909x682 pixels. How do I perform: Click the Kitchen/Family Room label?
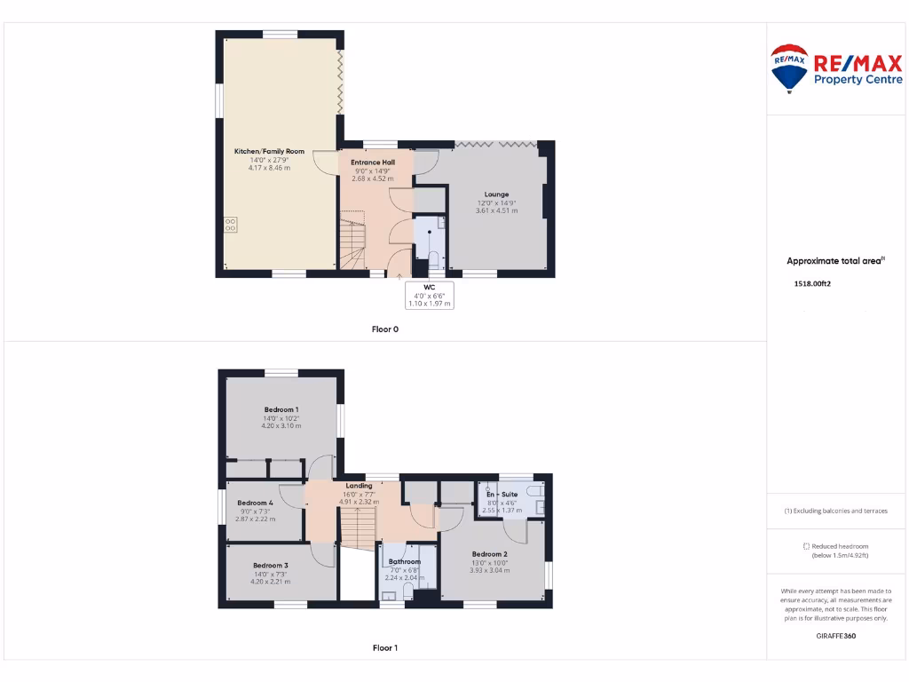coord(269,152)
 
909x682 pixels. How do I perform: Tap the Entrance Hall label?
coord(373,163)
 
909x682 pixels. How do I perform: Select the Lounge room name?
coord(496,194)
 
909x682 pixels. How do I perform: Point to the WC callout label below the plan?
coord(429,288)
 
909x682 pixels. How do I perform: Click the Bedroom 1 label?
coord(281,409)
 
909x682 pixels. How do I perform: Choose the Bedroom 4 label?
coord(255,503)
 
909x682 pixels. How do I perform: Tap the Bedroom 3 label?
coord(270,566)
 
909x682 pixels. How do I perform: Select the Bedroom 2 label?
coord(489,554)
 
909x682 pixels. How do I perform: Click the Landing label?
coord(359,486)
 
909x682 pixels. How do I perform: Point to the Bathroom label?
coord(404,561)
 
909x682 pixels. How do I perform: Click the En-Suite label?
coord(502,494)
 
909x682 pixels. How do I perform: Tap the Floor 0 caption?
coord(384,329)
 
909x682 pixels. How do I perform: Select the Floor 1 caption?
coord(384,648)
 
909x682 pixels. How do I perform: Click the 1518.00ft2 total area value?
coord(811,284)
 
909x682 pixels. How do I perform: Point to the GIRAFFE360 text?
coord(836,636)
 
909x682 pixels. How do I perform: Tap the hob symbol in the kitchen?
coord(231,225)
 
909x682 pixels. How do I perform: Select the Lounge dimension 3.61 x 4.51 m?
coord(496,211)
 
